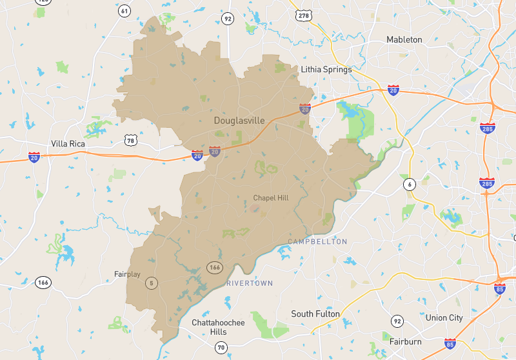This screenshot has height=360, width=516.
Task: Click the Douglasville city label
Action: (239, 121)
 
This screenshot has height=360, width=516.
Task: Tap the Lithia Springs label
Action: (326, 70)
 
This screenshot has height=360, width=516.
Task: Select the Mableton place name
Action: (404, 39)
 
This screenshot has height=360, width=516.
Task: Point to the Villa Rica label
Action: (69, 144)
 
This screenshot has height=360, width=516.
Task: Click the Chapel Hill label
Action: (271, 198)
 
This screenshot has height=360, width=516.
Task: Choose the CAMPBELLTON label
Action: (317, 242)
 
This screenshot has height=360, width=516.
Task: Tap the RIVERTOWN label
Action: (250, 283)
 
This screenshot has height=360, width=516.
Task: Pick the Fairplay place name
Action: (127, 274)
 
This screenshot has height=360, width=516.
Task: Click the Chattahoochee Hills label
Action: (218, 326)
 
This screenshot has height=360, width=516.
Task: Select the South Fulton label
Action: (316, 314)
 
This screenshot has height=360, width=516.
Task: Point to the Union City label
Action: (444, 318)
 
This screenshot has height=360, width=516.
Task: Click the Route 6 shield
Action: (409, 185)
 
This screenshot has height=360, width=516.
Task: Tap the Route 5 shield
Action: (152, 282)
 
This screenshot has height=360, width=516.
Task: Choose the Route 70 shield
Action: (221, 348)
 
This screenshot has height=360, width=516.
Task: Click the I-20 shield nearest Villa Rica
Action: (34, 157)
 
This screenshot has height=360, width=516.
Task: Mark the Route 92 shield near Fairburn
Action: (397, 321)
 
